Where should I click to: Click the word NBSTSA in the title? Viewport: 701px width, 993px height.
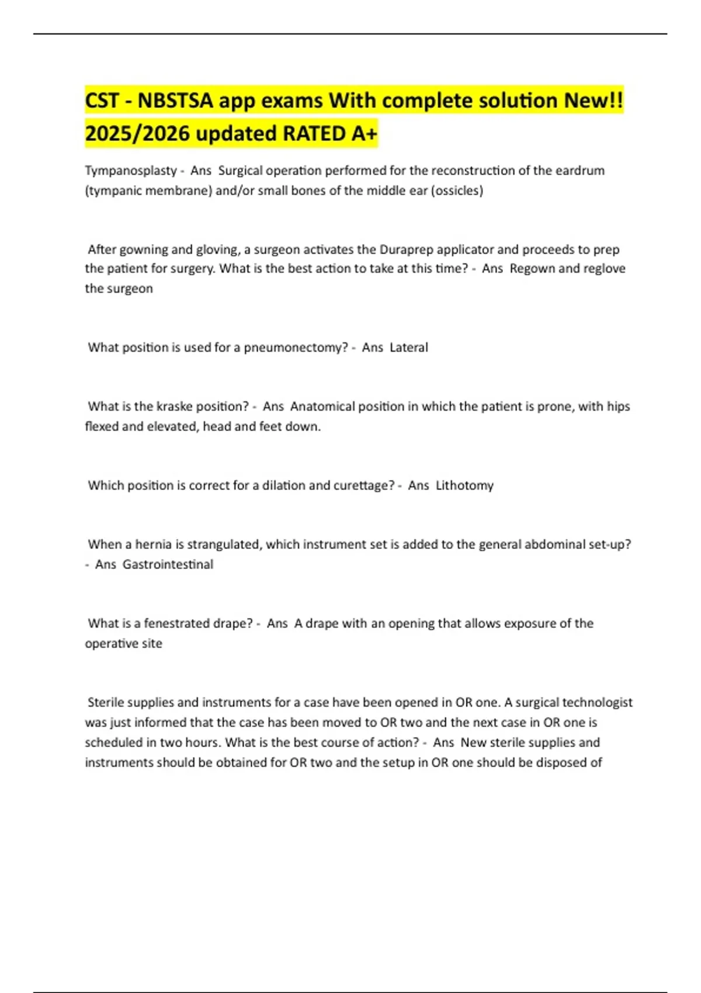point(175,101)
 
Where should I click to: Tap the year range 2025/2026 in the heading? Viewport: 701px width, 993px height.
point(137,134)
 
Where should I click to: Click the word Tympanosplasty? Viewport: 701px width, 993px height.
point(131,171)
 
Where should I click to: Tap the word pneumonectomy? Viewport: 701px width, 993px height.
point(296,348)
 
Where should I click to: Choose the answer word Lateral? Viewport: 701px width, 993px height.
point(409,348)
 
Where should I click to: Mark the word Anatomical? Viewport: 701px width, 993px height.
point(322,407)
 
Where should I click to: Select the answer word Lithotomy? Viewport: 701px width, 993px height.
point(464,485)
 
